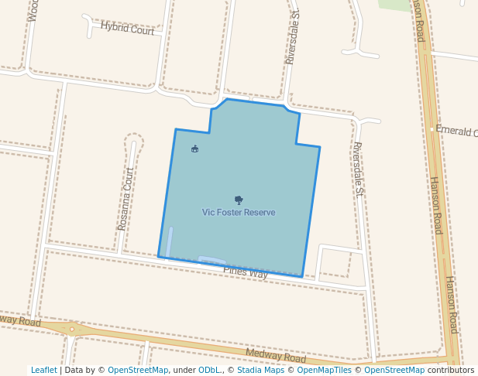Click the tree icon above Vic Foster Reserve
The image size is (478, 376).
(x=239, y=200)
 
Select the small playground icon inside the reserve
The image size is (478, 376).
(x=194, y=149)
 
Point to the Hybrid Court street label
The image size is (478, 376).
(x=128, y=28)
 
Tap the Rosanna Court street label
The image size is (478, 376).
(x=126, y=199)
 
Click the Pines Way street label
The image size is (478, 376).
(x=246, y=272)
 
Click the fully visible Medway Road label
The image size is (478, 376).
(x=276, y=356)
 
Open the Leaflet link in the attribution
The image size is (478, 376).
(x=43, y=371)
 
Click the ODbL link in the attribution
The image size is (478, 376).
(x=209, y=371)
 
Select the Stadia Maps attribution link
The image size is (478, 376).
(x=260, y=371)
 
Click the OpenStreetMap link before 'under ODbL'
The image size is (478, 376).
(x=138, y=371)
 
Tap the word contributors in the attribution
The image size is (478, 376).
(x=451, y=371)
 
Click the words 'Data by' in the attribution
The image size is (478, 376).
(x=84, y=371)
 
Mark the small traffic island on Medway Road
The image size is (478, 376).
(x=71, y=329)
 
